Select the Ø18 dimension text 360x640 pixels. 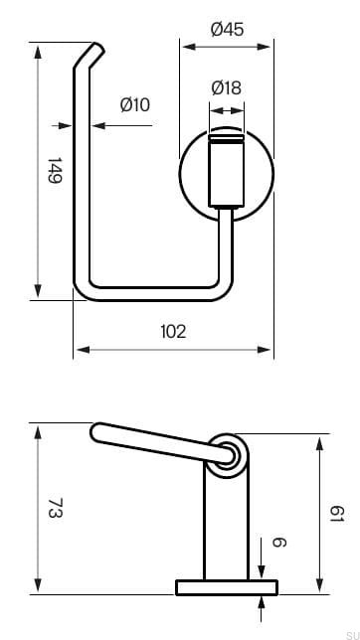pyautogui.click(x=226, y=88)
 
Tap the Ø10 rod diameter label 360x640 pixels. pyautogui.click(x=134, y=104)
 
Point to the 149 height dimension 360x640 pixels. pyautogui.click(x=54, y=171)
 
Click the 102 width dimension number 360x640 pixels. pyautogui.click(x=172, y=331)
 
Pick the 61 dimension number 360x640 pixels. pyautogui.click(x=337, y=514)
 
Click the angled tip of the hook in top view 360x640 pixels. pyautogui.click(x=92, y=54)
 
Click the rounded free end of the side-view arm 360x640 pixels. pyautogui.click(x=98, y=432)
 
